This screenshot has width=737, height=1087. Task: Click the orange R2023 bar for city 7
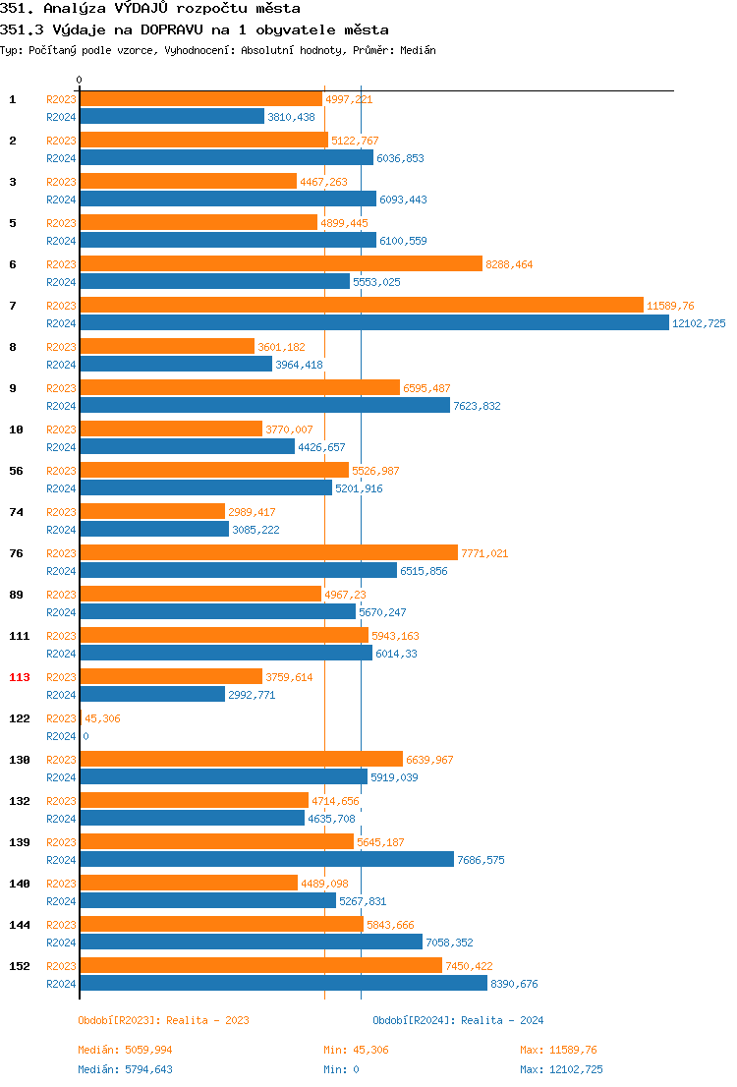(362, 306)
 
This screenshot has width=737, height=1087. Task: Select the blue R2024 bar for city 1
(172, 117)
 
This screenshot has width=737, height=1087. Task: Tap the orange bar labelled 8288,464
(281, 264)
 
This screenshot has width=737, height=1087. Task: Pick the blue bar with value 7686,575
(266, 860)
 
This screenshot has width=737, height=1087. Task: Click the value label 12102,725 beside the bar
(699, 323)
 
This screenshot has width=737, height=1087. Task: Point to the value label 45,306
(102, 718)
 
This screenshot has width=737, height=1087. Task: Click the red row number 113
(20, 677)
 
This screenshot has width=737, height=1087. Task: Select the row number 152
(20, 966)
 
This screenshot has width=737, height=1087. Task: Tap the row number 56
(16, 471)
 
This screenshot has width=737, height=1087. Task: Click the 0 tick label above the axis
(80, 80)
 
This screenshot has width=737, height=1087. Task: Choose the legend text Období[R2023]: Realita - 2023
(163, 1020)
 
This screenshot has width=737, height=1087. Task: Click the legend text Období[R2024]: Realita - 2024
(458, 1020)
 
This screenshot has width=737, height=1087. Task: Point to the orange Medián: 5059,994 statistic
(125, 1050)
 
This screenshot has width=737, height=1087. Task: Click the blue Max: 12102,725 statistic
(561, 1069)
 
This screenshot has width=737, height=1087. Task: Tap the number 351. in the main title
(17, 8)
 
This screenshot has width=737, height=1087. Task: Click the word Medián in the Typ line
(417, 49)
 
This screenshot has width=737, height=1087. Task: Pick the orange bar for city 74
(152, 512)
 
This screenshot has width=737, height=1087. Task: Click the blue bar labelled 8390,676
(283, 984)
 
